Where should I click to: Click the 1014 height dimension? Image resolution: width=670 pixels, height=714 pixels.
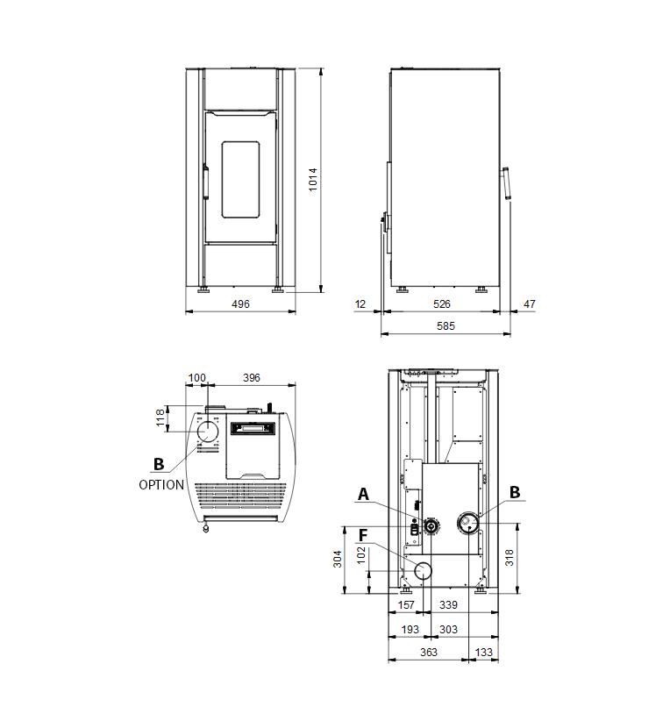(x=313, y=180)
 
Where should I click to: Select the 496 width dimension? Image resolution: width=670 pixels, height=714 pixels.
(x=240, y=303)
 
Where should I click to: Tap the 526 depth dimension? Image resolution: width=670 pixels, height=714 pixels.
(x=441, y=303)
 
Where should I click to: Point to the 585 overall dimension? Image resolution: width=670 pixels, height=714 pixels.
(x=445, y=326)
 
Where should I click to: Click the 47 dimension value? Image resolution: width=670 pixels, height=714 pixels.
(x=530, y=303)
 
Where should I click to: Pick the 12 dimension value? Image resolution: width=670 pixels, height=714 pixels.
(x=360, y=303)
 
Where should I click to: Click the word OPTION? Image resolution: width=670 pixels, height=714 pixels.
(x=161, y=485)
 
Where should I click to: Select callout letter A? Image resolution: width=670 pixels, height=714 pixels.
(x=363, y=494)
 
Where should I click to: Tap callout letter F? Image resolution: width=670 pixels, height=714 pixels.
(x=363, y=535)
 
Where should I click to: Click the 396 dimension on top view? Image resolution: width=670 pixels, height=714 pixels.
(x=251, y=377)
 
